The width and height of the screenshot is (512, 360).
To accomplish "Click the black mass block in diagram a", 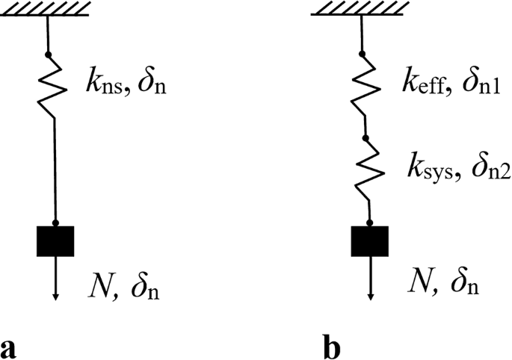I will click(55, 240).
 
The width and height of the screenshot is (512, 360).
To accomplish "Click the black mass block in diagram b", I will click(370, 240).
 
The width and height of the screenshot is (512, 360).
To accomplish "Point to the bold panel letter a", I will click(9, 347).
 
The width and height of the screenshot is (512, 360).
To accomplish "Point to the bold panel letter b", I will click(329, 347).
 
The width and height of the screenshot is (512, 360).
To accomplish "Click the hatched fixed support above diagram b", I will click(362, 8).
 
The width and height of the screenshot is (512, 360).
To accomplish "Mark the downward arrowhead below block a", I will click(56, 297).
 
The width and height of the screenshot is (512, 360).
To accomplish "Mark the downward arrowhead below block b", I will click(371, 297).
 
